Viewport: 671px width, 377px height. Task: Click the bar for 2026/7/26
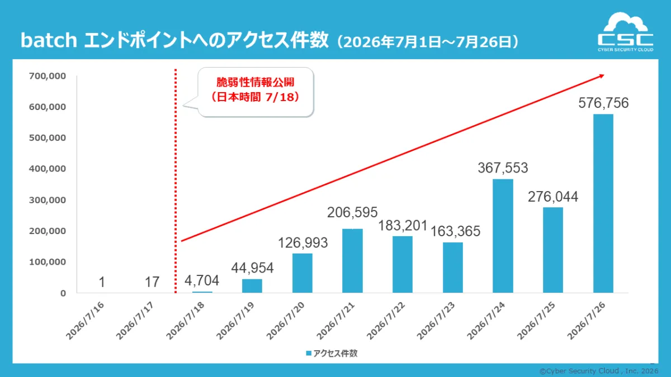[603, 203]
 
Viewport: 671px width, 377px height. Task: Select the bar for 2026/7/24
[503, 236]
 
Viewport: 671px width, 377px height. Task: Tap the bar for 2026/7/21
[352, 261]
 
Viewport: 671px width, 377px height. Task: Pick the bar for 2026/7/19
[252, 286]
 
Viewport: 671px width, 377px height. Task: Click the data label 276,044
[552, 197]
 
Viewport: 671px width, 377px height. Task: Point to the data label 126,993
[303, 242]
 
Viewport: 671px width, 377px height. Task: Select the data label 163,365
[455, 231]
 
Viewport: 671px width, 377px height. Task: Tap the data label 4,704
[202, 280]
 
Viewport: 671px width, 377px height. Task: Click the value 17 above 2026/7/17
[152, 282]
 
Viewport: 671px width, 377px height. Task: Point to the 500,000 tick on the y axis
[48, 137]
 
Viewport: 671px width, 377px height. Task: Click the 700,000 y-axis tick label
[48, 76]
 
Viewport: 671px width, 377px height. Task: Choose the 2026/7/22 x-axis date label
[386, 321]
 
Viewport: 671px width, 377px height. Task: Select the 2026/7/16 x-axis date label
[85, 321]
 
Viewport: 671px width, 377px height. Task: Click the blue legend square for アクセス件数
[309, 354]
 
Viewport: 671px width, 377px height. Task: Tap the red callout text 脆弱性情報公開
[255, 82]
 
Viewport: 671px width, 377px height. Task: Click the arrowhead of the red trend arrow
[601, 77]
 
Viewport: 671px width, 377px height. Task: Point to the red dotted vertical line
[176, 181]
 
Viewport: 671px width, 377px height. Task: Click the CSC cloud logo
[626, 32]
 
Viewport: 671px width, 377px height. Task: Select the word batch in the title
[49, 40]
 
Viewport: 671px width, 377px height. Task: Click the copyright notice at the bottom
[599, 371]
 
